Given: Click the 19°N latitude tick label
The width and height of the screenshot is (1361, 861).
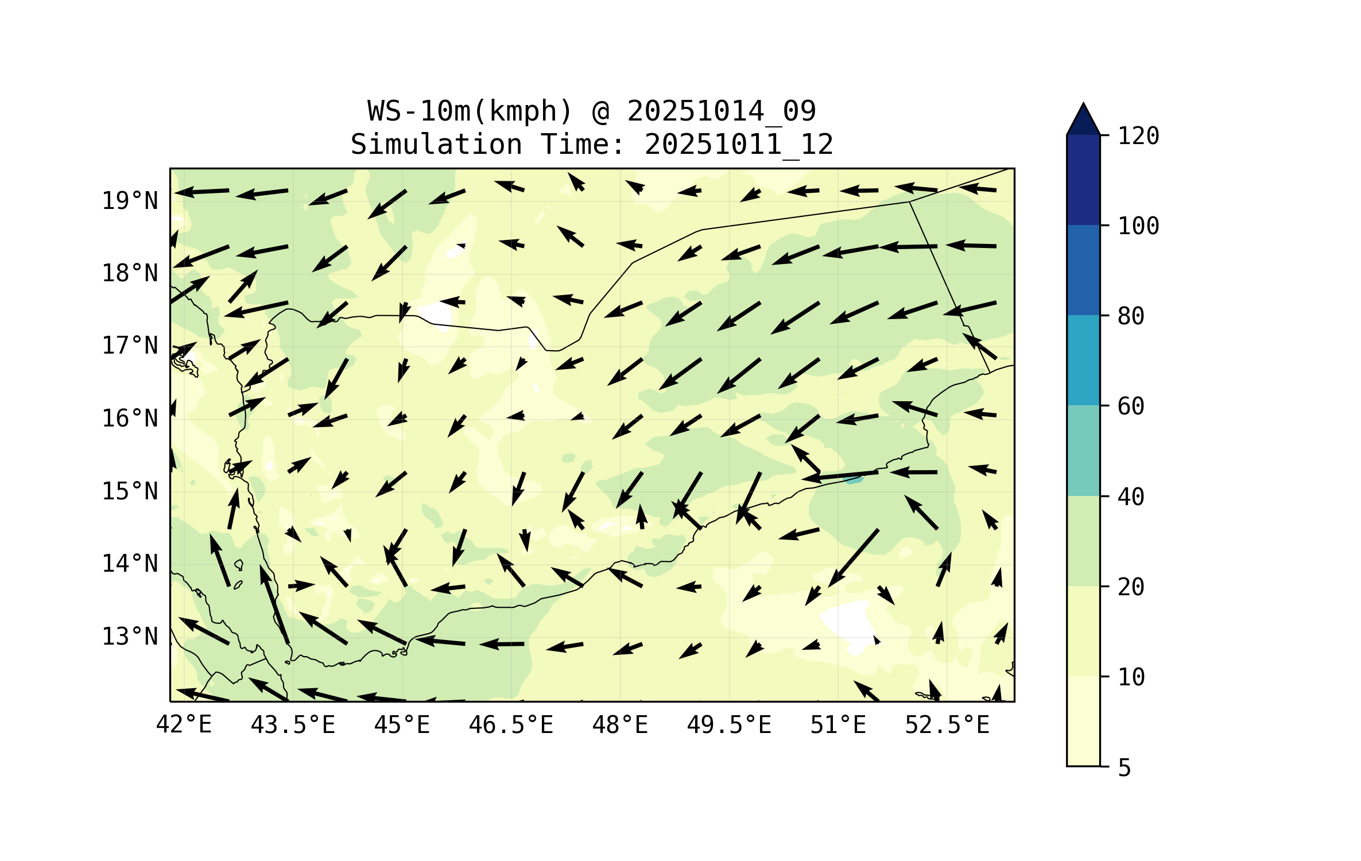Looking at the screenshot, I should pyautogui.click(x=130, y=201).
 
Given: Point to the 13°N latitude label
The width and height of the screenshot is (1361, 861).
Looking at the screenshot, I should pyautogui.click(x=130, y=637).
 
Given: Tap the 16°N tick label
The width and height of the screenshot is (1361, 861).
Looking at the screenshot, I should pyautogui.click(x=130, y=419).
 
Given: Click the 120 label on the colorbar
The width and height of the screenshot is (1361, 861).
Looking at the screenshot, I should pyautogui.click(x=1138, y=137).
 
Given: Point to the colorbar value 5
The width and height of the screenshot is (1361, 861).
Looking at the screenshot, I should pyautogui.click(x=1125, y=768).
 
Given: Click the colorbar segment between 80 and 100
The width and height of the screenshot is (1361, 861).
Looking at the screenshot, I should pyautogui.click(x=1083, y=270).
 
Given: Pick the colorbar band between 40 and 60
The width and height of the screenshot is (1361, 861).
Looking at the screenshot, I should pyautogui.click(x=1083, y=451).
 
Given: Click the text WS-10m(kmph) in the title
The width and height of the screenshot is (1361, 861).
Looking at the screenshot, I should pyautogui.click(x=470, y=111).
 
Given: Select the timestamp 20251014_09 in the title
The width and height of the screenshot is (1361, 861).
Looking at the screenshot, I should pyautogui.click(x=721, y=111).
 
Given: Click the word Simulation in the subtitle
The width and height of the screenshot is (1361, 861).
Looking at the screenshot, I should pyautogui.click(x=436, y=145).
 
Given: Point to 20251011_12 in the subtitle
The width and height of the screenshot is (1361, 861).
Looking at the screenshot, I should pyautogui.click(x=739, y=145).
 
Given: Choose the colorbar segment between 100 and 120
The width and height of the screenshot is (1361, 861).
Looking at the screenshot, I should pyautogui.click(x=1083, y=180).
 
